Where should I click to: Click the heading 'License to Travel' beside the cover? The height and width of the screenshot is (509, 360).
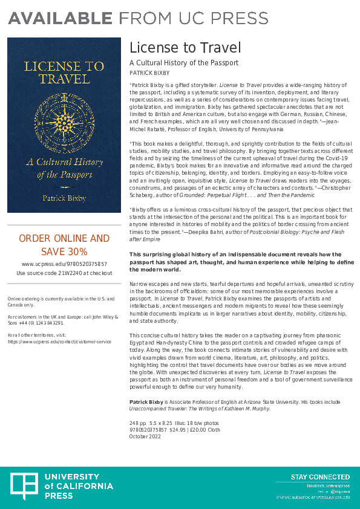(x=185, y=47)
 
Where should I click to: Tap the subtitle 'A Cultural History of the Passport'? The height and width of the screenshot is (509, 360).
(x=184, y=63)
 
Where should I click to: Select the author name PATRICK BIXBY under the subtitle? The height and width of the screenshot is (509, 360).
(x=150, y=73)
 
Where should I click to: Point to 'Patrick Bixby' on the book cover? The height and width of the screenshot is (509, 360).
(x=64, y=198)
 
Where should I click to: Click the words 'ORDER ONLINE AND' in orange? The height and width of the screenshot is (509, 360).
(x=64, y=238)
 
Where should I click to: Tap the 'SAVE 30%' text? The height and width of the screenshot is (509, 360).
(x=64, y=251)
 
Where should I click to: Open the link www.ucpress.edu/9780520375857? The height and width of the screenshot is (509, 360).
(x=64, y=264)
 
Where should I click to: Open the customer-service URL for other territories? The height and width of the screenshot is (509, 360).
(x=59, y=342)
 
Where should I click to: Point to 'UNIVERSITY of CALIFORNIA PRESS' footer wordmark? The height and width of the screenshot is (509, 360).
(x=79, y=487)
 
